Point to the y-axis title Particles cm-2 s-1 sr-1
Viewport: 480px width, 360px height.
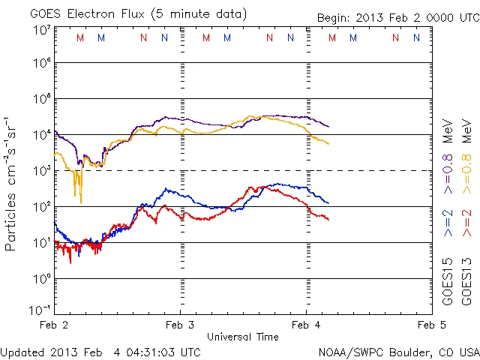13,183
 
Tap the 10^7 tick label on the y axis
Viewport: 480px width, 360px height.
40,30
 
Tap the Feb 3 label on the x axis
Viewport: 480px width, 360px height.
179,325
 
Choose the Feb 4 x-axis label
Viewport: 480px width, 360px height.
306,325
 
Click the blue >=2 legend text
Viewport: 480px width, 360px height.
448,223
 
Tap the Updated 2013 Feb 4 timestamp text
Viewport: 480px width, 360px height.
100,352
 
